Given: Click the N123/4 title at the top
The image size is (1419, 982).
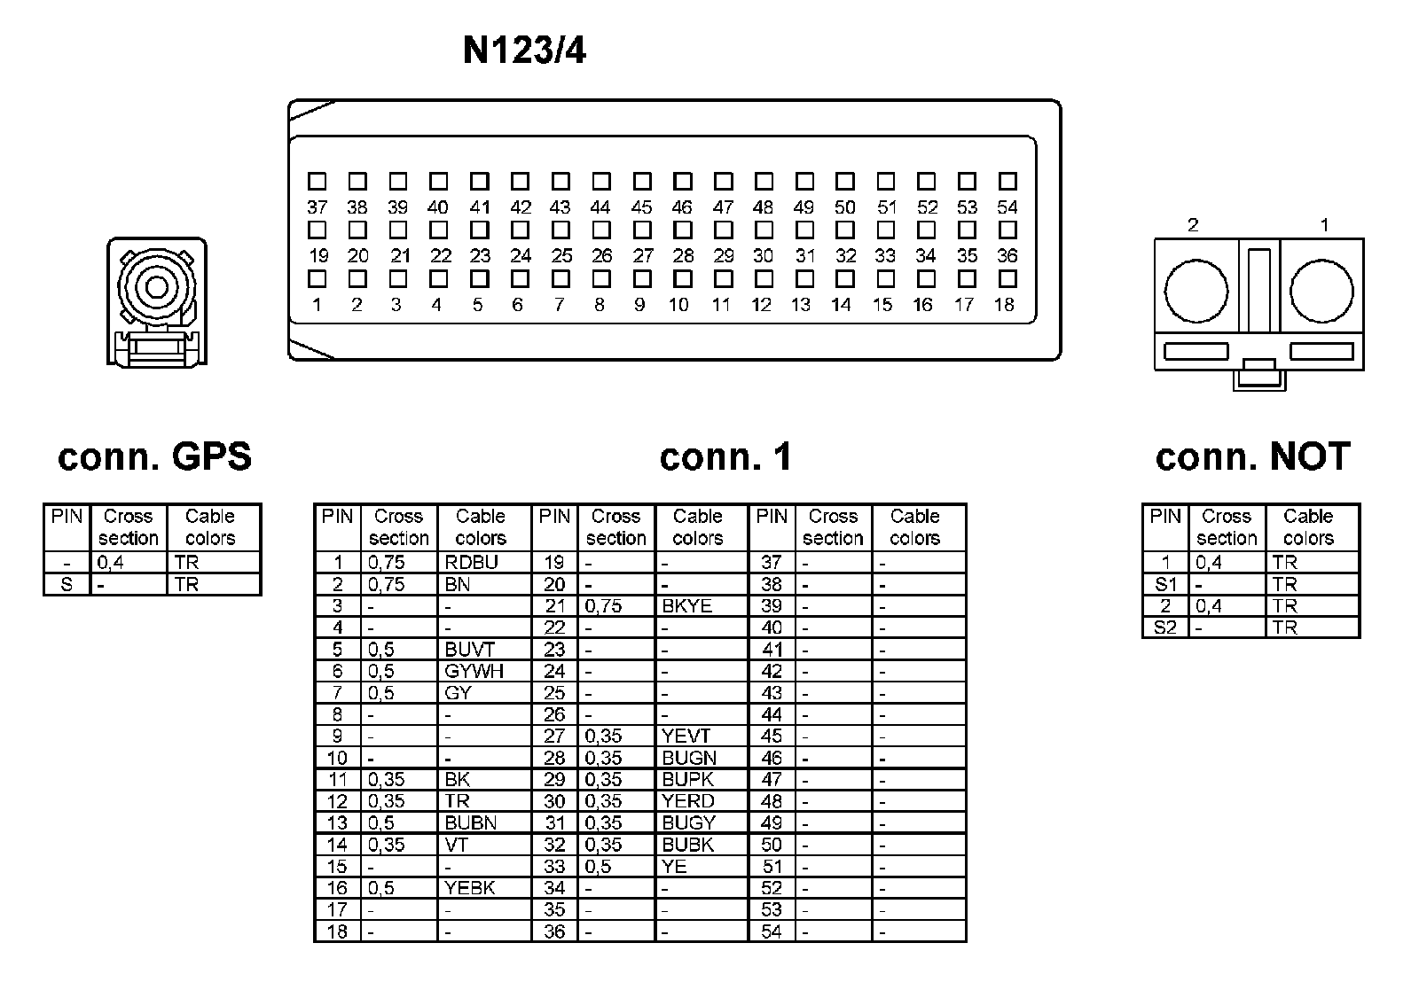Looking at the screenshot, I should (524, 51).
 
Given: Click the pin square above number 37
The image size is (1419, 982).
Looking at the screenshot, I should (317, 182).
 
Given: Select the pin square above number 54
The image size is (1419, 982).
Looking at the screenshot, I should (1007, 182).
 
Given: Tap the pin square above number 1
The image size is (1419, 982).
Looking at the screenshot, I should (317, 279).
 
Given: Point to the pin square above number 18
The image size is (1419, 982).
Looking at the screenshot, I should (1007, 279).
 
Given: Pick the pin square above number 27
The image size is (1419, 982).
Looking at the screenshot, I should (642, 230).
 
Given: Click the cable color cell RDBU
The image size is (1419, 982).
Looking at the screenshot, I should (472, 563).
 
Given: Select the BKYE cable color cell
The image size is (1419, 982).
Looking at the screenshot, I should (686, 606).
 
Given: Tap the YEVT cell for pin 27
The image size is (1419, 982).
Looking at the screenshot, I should (686, 736).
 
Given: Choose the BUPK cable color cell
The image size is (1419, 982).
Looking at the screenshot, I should (687, 779).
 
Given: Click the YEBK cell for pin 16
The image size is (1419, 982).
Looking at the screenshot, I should (470, 888).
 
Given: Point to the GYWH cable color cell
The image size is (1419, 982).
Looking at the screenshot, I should (474, 671).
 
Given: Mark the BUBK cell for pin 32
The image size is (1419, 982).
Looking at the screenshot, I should (687, 845).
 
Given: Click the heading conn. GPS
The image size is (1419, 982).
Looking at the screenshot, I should (155, 457).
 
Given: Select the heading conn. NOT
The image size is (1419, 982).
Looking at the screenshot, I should (1252, 457).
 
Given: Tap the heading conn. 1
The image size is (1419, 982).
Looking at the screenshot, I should (725, 457).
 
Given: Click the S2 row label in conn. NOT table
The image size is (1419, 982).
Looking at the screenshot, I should (1164, 627).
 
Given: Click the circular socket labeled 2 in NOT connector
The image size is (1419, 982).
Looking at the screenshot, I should (1196, 292).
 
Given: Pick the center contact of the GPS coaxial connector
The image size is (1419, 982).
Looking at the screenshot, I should (156, 287).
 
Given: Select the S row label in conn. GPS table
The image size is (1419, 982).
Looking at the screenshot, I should (67, 585).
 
